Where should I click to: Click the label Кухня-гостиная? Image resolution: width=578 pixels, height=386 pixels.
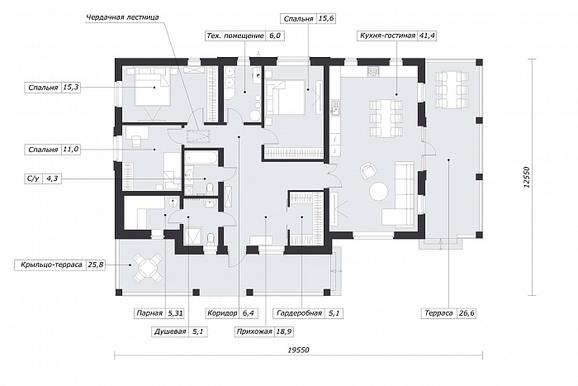[387, 36]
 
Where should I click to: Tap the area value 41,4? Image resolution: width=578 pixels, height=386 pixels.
[427, 36]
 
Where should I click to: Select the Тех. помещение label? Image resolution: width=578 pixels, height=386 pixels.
[235, 36]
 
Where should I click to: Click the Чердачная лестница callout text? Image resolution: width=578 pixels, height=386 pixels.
[123, 17]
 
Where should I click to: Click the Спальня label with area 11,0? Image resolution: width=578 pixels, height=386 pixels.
[43, 150]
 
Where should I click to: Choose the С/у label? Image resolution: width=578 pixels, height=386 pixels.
[33, 179]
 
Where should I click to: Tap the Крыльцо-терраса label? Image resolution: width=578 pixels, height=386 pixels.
[51, 265]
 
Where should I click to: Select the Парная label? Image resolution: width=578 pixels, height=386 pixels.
[149, 313]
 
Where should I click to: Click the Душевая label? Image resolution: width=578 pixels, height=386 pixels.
[170, 331]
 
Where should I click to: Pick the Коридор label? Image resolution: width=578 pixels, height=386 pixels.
[222, 313]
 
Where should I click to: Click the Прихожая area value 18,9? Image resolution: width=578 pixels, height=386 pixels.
[284, 331]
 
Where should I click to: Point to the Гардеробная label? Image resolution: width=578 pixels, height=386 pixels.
[299, 313]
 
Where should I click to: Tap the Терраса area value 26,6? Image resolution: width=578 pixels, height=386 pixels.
[467, 313]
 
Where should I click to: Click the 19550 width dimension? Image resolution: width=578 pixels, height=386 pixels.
[298, 350]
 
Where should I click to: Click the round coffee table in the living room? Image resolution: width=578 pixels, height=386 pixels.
[378, 192]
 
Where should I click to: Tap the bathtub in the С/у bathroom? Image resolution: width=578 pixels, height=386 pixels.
[200, 158]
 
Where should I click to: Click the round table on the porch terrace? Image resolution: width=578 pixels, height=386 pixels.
[148, 268]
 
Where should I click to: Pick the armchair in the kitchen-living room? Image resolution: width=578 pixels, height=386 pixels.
[368, 171]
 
